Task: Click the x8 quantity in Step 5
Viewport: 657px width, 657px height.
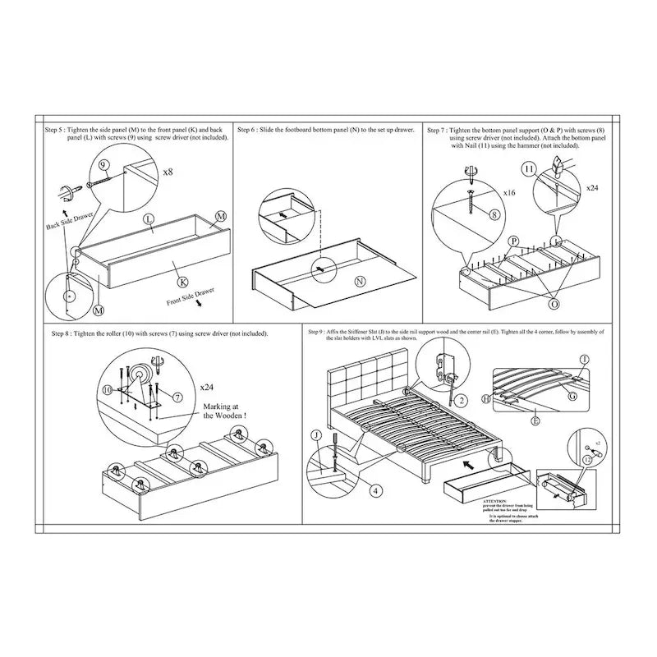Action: [x=168, y=173]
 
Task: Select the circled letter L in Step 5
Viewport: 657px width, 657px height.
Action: [x=149, y=219]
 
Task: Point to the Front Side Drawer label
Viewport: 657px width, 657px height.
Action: [x=189, y=297]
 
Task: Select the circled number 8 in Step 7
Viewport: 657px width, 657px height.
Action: [x=494, y=214]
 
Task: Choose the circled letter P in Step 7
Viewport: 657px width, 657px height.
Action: [x=513, y=241]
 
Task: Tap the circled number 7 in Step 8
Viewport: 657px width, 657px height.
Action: [x=178, y=397]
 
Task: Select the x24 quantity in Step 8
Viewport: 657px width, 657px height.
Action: [x=209, y=385]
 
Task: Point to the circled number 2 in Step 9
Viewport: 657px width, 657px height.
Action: [x=462, y=400]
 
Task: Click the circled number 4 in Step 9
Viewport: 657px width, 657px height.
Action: [x=374, y=490]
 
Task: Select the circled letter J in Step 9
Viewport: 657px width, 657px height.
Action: [x=315, y=435]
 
